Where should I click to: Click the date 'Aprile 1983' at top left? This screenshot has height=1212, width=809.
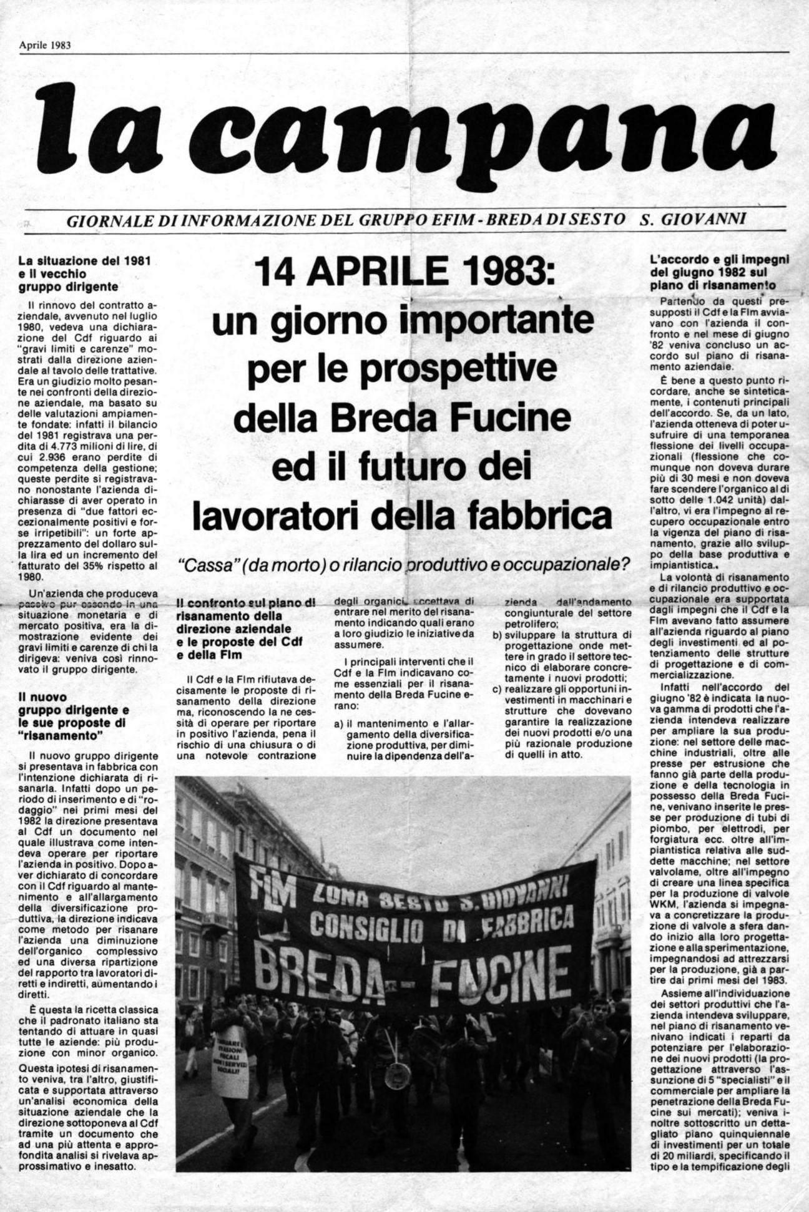44,45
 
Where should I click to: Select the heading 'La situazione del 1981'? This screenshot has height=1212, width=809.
84,260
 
